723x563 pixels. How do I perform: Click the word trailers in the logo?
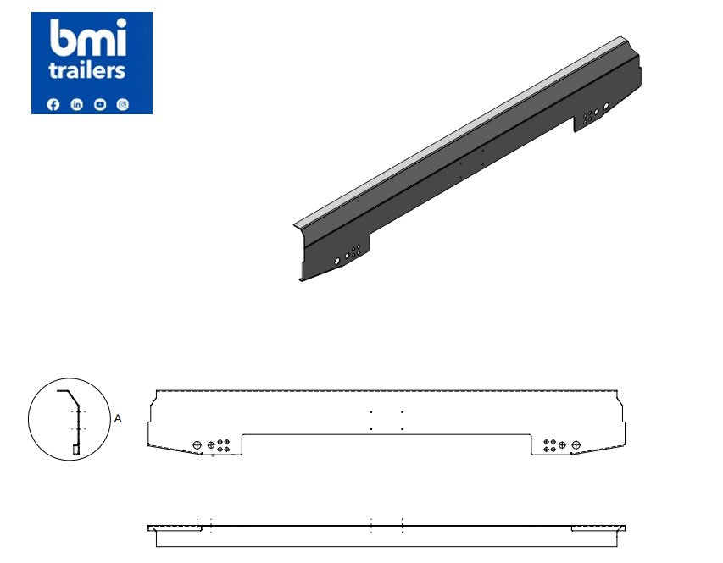click(86, 71)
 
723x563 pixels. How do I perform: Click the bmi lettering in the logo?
click(88, 39)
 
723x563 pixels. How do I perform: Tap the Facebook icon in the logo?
click(54, 104)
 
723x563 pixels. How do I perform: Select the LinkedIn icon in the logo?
click(77, 104)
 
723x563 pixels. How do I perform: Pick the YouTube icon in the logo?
click(100, 104)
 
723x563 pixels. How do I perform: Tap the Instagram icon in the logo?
click(123, 104)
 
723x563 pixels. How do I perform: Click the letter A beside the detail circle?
click(118, 418)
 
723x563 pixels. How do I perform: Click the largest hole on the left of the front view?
click(197, 445)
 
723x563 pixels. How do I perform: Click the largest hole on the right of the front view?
click(576, 445)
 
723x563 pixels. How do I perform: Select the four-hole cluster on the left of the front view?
click(223, 445)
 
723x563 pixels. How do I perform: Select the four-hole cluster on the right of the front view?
click(550, 445)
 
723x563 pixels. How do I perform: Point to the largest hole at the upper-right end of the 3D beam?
click(606, 106)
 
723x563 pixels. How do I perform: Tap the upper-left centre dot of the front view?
click(371, 412)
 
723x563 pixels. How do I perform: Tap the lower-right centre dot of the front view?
click(402, 429)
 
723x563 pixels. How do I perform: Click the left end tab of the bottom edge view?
click(175, 528)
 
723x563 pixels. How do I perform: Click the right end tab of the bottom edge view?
click(598, 528)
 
